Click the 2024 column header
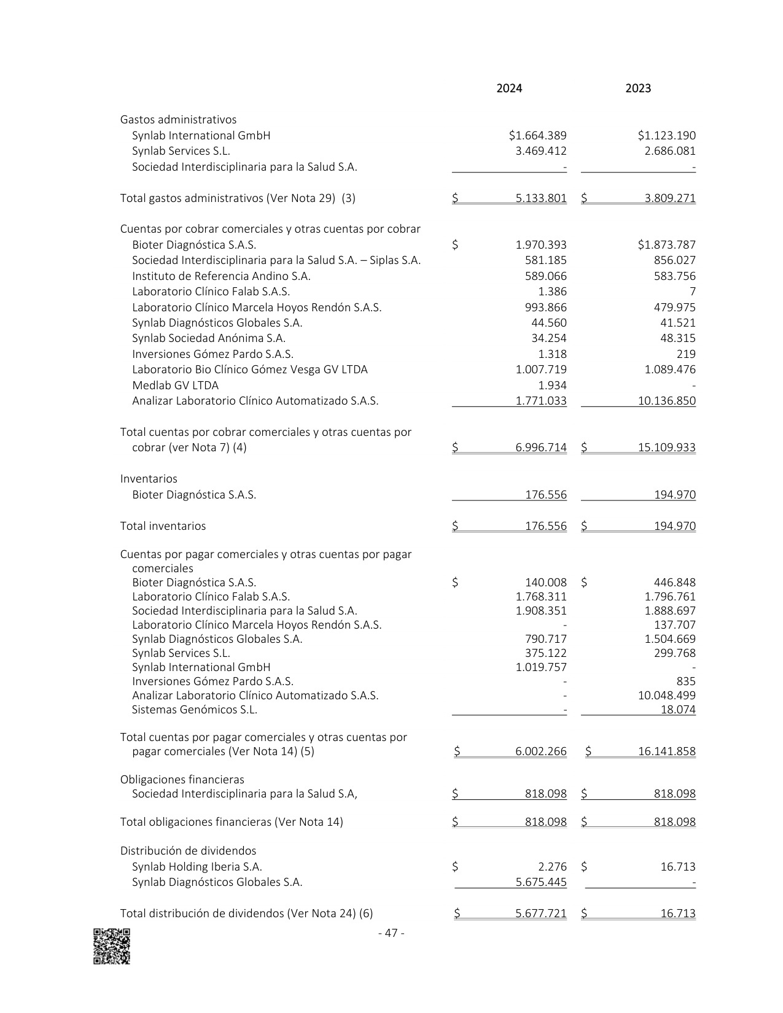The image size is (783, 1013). point(509,88)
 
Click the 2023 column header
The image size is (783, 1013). point(638,88)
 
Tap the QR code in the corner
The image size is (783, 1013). point(112,946)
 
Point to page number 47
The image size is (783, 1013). point(391,933)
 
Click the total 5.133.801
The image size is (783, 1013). point(540,198)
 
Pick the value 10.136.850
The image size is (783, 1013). point(666,401)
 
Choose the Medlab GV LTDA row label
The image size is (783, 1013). point(175,386)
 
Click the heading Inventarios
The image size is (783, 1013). point(149,479)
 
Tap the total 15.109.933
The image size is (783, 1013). point(666,448)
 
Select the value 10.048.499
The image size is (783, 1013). point(666,696)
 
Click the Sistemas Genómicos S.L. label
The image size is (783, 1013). point(195,710)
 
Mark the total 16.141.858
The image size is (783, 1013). point(666,751)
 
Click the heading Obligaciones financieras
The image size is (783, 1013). point(182,780)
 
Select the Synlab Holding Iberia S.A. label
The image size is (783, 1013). point(197,867)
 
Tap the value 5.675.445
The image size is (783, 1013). point(540,882)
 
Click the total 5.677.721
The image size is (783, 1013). point(540,914)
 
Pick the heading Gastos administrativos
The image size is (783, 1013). point(178,120)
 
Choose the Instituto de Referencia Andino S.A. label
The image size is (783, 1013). point(221,276)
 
